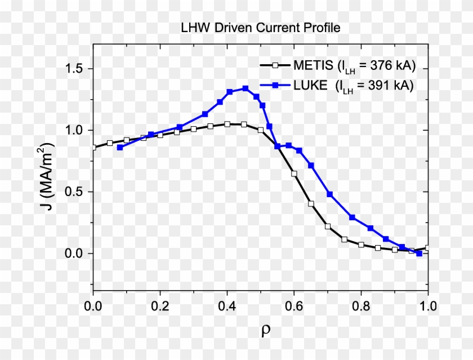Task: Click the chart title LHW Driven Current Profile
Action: coord(260,27)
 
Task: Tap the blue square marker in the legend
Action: coord(275,86)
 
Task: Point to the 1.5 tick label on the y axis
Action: coord(72,68)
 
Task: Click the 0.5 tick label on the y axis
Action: coord(72,192)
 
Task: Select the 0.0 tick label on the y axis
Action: coord(72,253)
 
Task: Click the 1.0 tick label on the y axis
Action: coord(72,130)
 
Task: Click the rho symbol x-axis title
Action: coord(265,331)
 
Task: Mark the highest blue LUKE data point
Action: coord(246,88)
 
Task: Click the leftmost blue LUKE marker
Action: coord(119,147)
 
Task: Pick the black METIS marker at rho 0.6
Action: coord(294,174)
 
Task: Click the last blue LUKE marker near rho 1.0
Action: coord(419,254)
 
